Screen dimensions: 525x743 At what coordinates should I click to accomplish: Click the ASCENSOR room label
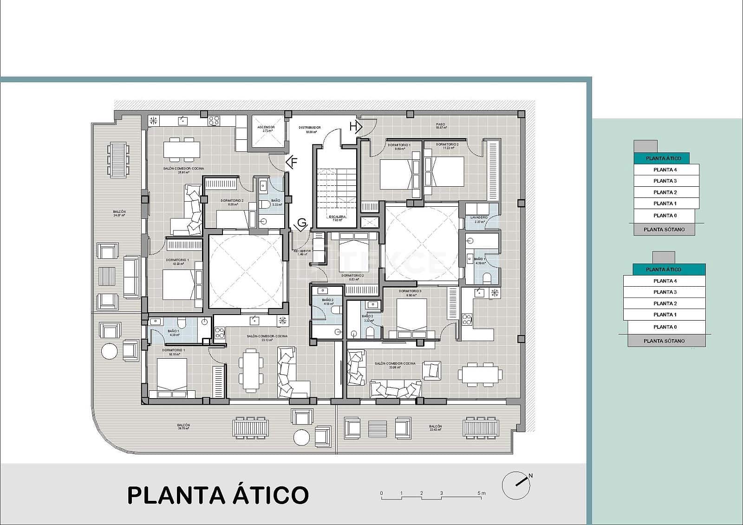pyautogui.click(x=266, y=127)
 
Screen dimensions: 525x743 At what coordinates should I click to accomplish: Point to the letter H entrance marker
pyautogui.click(x=355, y=126)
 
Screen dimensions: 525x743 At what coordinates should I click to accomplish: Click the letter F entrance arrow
pyautogui.click(x=292, y=163)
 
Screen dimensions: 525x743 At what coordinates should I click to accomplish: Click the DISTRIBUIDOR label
pyautogui.click(x=310, y=127)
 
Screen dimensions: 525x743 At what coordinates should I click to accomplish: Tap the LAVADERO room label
pyautogui.click(x=479, y=217)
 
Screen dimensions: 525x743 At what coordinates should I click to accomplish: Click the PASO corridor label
pyautogui.click(x=440, y=125)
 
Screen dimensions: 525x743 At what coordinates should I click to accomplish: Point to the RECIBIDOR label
pyautogui.click(x=302, y=251)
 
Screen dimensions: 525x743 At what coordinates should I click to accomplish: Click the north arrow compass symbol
pyautogui.click(x=516, y=486)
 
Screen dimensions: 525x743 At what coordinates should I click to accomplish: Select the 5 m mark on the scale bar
pyautogui.click(x=482, y=493)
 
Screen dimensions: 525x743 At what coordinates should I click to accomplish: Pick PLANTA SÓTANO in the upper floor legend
pyautogui.click(x=664, y=230)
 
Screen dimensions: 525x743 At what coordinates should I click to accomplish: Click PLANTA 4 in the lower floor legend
pyautogui.click(x=665, y=281)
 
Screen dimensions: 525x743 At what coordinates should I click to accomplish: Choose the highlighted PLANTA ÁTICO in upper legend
pyautogui.click(x=664, y=158)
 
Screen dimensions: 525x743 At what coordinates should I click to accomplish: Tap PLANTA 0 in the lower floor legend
pyautogui.click(x=665, y=327)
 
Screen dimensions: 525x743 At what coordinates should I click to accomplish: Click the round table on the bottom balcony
pyautogui.click(x=302, y=437)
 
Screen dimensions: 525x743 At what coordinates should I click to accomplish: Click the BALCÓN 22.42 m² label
pyautogui.click(x=435, y=427)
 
